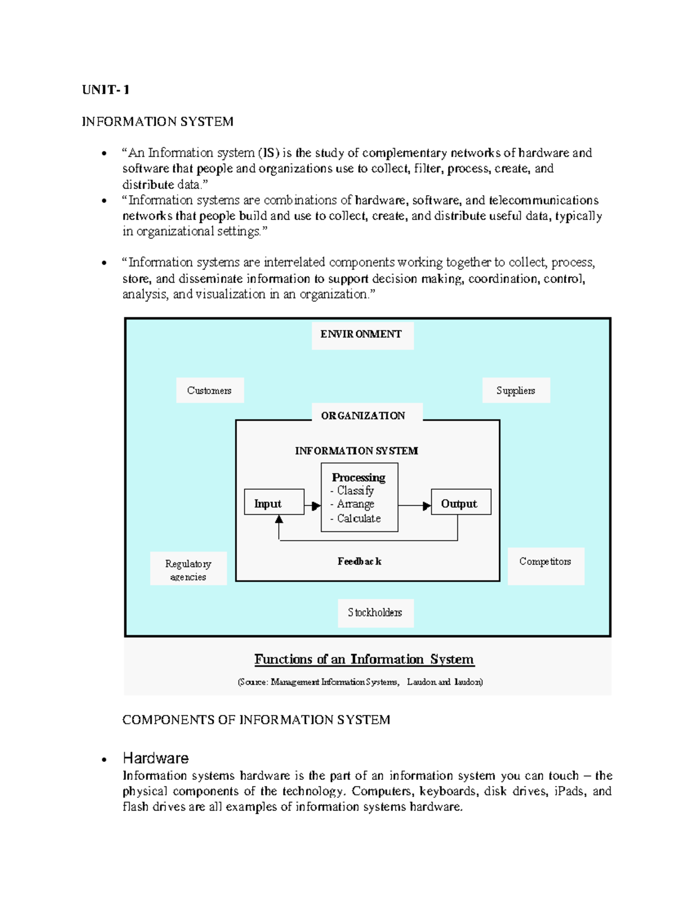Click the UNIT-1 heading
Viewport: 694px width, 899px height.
click(x=106, y=90)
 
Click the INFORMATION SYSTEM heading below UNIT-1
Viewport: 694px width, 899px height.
click(x=157, y=122)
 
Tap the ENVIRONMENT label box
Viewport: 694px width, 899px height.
click(x=362, y=335)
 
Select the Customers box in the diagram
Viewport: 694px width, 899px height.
click(x=209, y=391)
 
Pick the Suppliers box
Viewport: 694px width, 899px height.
click(x=516, y=391)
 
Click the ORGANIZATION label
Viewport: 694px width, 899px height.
click(x=363, y=416)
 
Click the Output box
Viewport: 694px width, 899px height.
click(x=460, y=502)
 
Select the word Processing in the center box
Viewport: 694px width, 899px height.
click(x=359, y=478)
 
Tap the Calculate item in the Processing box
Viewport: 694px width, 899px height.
click(x=359, y=519)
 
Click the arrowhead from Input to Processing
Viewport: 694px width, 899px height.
click(x=315, y=506)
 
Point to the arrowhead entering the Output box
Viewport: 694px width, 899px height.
click(x=427, y=506)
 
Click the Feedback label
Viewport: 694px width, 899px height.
click(x=359, y=562)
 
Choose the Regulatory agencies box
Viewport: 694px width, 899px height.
click(x=188, y=569)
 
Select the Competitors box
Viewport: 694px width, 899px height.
click(x=545, y=562)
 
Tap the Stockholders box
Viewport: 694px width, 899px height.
click(x=375, y=612)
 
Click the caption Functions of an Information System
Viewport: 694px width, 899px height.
click(x=364, y=659)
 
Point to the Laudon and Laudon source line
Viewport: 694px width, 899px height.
click(x=360, y=682)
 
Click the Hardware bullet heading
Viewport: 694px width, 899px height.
click(x=156, y=758)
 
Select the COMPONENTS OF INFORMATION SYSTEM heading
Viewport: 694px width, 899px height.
click(x=256, y=720)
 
